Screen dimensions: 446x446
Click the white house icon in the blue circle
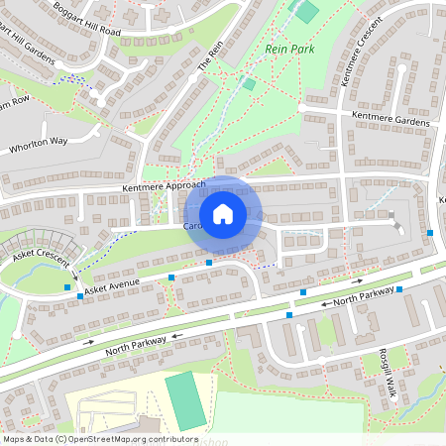coord(223,214)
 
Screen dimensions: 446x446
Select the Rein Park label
coord(288,48)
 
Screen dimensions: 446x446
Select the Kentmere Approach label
coord(164,186)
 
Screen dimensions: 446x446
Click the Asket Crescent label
coord(39,255)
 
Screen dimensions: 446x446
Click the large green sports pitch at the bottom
coord(183,400)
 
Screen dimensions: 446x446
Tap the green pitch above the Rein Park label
coord(307,12)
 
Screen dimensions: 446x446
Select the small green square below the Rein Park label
coord(249,84)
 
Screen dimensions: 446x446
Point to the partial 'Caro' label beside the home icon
coord(192,226)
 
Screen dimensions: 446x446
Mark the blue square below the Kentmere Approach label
coord(209,262)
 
